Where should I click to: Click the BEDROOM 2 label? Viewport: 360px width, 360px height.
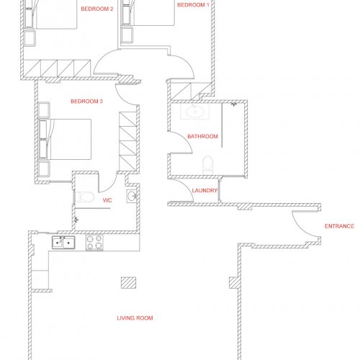97,9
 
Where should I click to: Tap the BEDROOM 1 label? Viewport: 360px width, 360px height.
193,5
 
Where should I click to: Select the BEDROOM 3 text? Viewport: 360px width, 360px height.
86,102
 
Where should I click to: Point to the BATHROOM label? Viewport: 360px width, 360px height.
202,136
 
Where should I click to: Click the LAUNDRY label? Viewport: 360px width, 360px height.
204,190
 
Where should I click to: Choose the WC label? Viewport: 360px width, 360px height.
107,200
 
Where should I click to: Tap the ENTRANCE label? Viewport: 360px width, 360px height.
339,226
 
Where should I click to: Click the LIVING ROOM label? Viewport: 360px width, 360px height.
135,318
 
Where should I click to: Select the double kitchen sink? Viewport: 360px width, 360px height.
63,243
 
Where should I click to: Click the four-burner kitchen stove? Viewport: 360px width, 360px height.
94,243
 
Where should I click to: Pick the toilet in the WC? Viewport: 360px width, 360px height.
84,197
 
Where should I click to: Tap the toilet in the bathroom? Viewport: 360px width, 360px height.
208,165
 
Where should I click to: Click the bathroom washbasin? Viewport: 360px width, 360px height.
195,112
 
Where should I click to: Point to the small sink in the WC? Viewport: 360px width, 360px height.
132,196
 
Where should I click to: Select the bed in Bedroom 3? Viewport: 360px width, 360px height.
65,139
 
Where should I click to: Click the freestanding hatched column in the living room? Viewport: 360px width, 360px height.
128,282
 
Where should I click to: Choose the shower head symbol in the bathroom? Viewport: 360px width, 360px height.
234,104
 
